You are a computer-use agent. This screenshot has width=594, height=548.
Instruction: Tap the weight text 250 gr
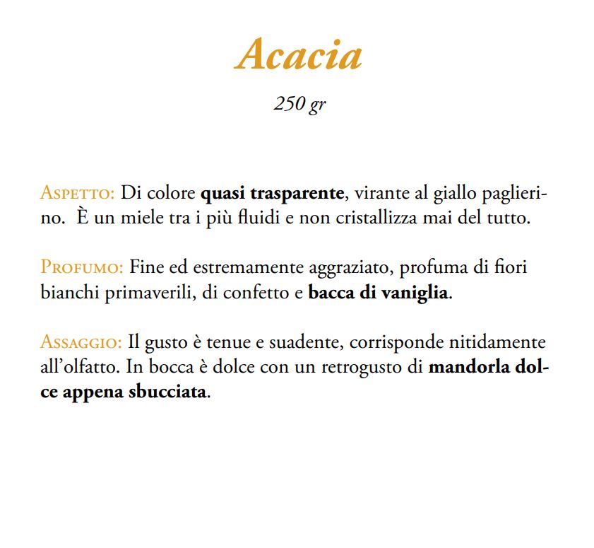point(299,103)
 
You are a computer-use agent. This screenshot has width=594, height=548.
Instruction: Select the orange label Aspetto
point(77,193)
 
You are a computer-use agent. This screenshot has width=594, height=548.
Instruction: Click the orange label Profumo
point(83,268)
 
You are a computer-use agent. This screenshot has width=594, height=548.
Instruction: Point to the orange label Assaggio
point(81,343)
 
